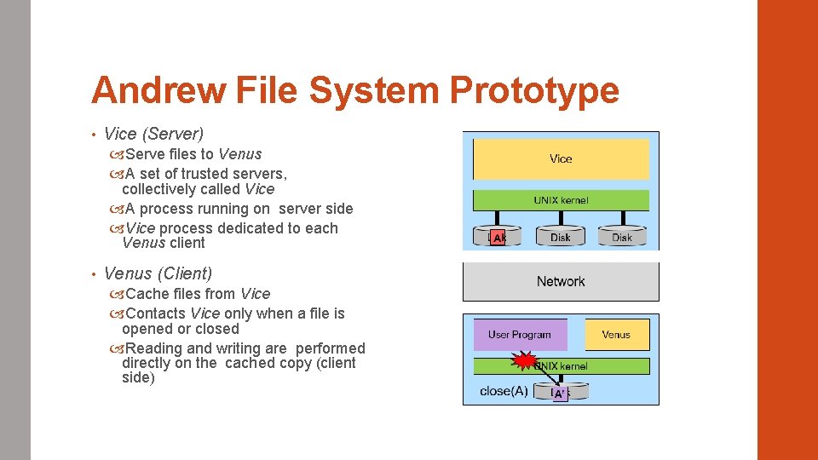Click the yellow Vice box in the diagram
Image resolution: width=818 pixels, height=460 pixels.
(561, 159)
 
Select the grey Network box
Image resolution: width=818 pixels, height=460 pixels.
(561, 282)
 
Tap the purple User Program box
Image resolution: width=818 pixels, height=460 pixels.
(520, 335)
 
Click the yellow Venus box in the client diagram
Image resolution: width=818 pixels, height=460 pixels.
(616, 335)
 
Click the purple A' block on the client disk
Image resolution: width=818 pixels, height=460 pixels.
(560, 394)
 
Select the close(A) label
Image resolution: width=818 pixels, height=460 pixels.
(504, 392)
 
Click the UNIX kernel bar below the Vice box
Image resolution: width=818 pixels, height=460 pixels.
(561, 200)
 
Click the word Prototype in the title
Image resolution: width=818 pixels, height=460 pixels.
(534, 90)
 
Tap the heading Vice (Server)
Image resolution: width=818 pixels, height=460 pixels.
(153, 134)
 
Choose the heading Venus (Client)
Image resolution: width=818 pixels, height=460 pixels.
(158, 273)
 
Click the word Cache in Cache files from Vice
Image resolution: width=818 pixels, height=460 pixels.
(147, 294)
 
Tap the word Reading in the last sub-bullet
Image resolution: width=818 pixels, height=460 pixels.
(153, 348)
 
